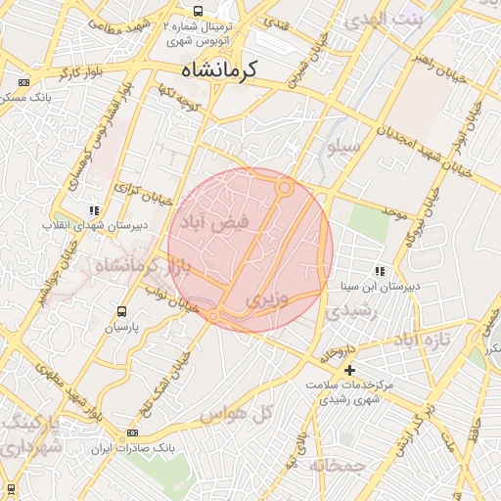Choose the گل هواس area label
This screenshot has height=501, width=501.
[236, 415]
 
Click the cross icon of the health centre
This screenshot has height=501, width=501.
[349, 369]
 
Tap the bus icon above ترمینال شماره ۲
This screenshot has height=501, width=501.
[198, 11]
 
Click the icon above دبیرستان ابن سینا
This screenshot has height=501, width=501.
[379, 271]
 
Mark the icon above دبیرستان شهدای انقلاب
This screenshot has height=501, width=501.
[93, 209]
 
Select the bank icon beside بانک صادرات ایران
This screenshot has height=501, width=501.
[132, 433]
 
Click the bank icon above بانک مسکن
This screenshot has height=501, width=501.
[23, 82]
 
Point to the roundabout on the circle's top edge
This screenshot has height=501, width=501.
[285, 186]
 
